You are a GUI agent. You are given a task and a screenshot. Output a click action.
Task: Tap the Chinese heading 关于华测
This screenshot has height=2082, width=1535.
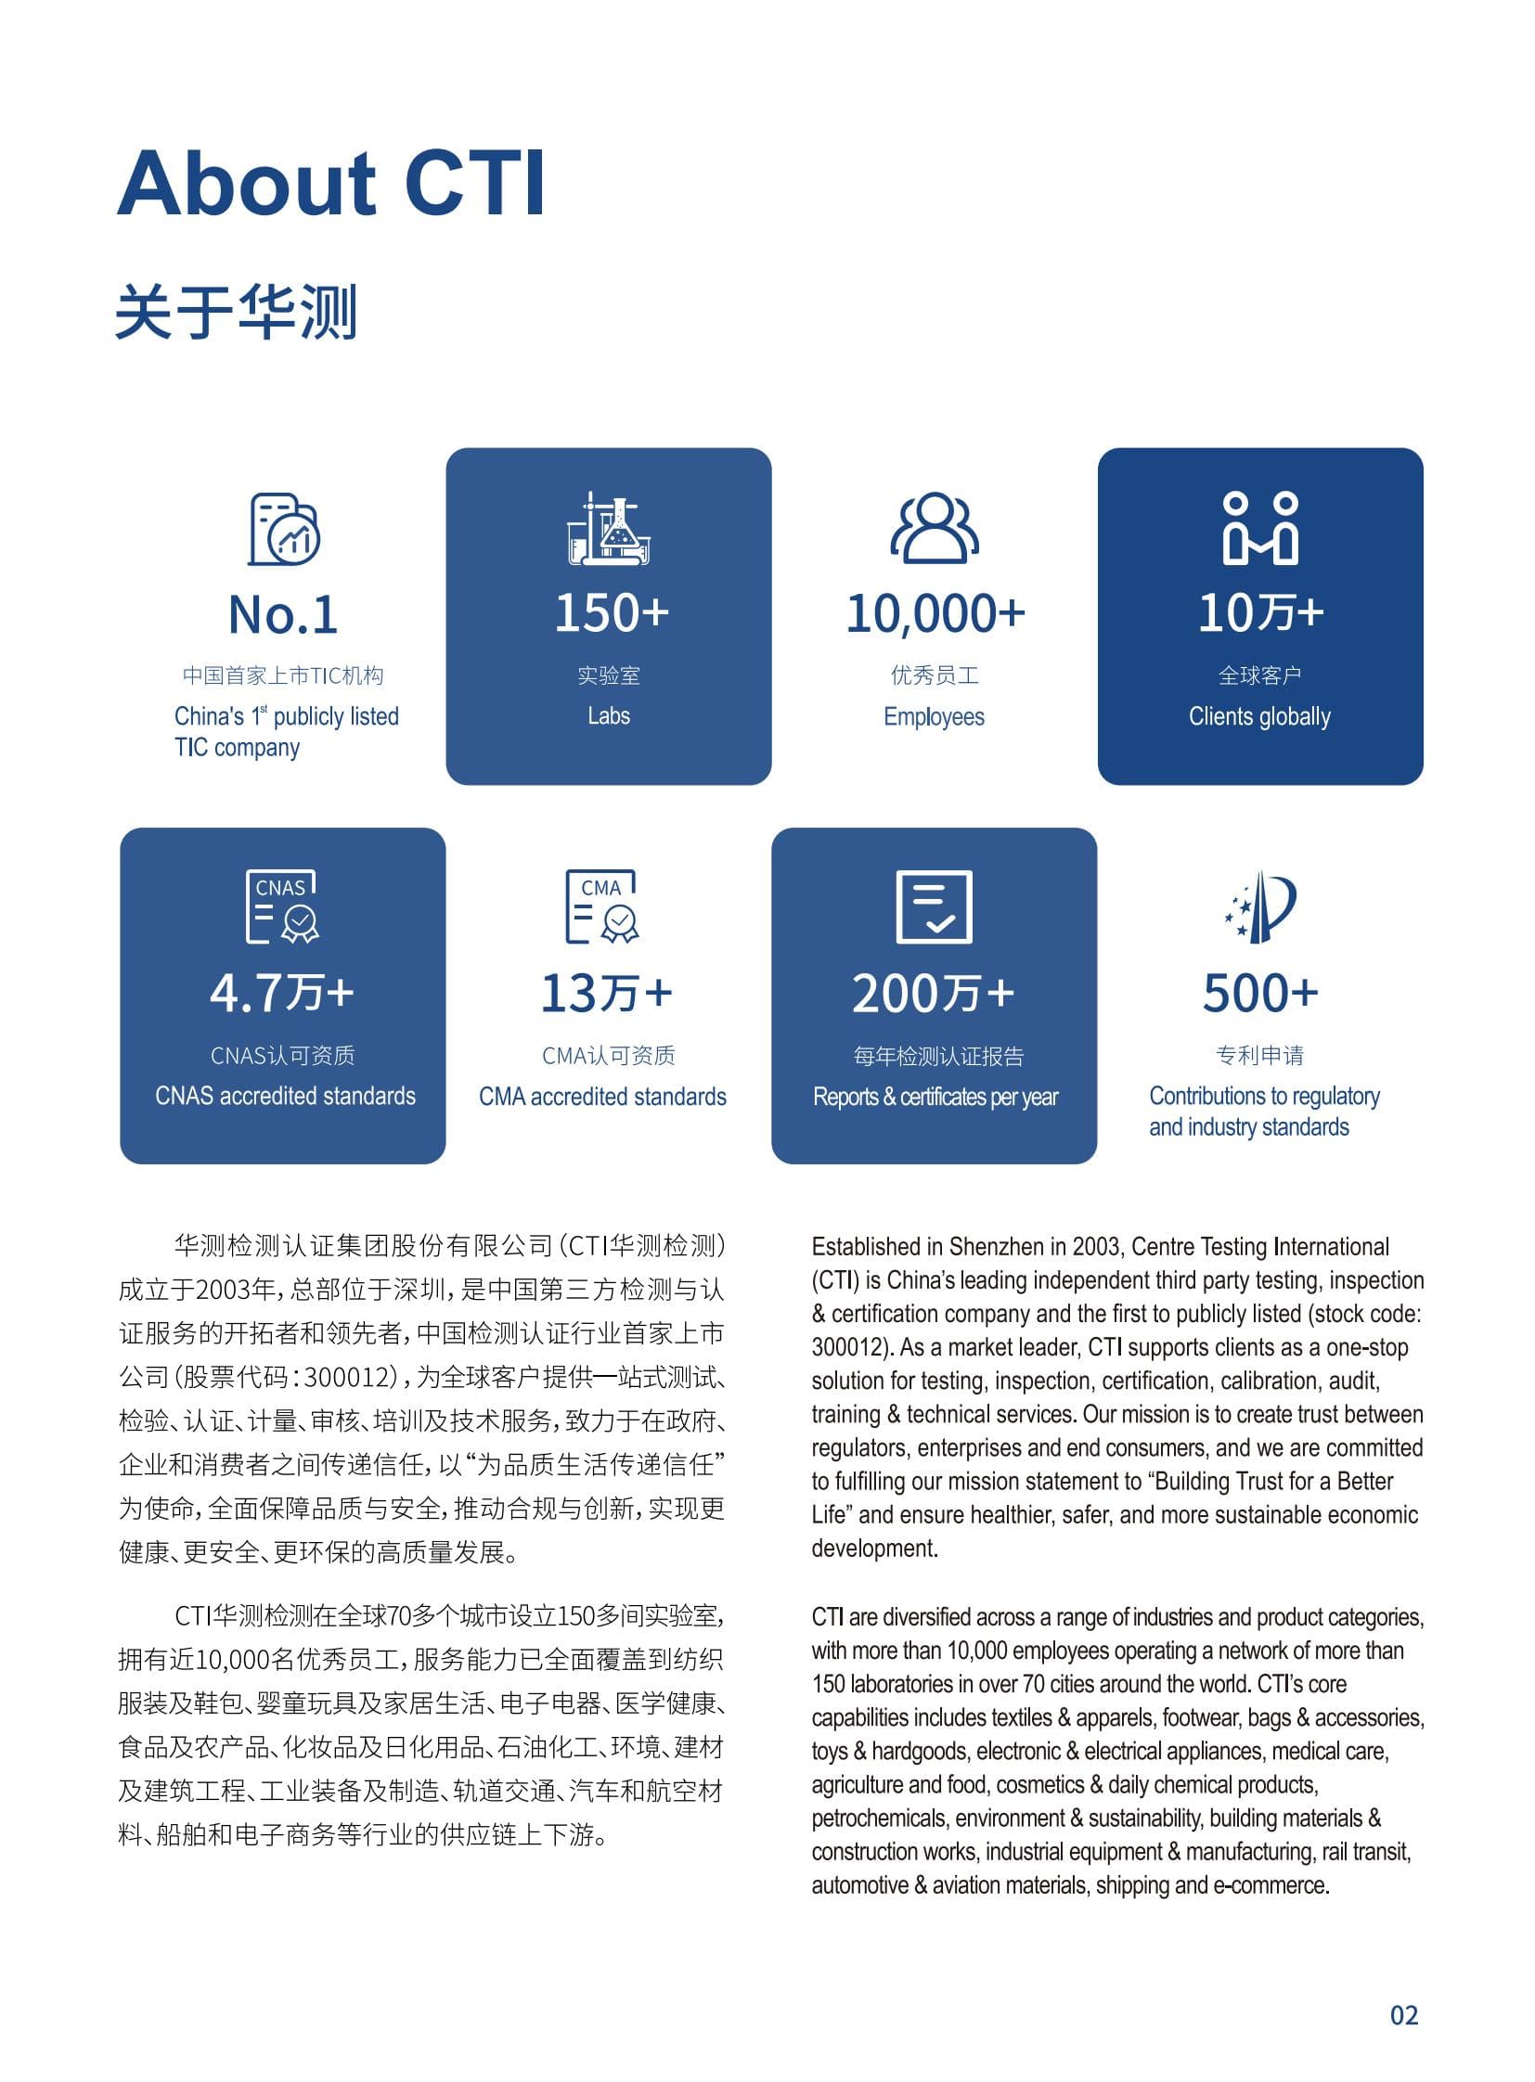click(236, 312)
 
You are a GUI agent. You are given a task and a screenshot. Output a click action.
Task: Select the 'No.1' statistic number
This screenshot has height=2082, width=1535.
click(283, 615)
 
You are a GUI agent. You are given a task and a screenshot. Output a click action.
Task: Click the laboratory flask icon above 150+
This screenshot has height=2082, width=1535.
click(609, 530)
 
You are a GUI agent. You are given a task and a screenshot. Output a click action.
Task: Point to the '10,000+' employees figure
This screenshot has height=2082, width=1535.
click(935, 614)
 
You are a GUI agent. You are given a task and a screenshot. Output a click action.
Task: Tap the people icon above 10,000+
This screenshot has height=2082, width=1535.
click(934, 529)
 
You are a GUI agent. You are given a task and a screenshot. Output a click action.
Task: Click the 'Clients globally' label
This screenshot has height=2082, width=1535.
click(1259, 716)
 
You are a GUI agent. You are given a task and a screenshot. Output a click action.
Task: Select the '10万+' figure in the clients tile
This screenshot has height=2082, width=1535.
click(1260, 613)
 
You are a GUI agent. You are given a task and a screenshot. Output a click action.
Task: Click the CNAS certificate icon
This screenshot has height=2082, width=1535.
click(281, 906)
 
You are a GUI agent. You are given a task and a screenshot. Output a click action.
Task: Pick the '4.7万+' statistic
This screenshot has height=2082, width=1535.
click(282, 992)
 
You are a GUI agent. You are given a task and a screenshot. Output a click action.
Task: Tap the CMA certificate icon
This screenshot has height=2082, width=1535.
click(602, 906)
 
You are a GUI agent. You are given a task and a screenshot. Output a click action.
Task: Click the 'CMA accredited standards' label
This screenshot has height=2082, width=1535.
click(602, 1097)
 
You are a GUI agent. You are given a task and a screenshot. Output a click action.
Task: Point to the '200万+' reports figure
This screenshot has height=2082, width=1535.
click(933, 993)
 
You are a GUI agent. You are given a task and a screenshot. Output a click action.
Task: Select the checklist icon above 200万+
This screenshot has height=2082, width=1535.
click(934, 906)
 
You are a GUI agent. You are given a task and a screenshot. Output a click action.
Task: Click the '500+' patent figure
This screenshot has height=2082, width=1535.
click(1260, 992)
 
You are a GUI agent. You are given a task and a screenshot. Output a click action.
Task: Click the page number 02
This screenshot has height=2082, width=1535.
click(1403, 2015)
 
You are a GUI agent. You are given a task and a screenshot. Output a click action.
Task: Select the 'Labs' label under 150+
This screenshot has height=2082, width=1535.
click(609, 716)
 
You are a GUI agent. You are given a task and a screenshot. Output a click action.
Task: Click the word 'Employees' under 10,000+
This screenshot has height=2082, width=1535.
click(934, 716)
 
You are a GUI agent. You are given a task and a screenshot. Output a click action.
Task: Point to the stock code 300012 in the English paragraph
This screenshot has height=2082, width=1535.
click(845, 1347)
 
